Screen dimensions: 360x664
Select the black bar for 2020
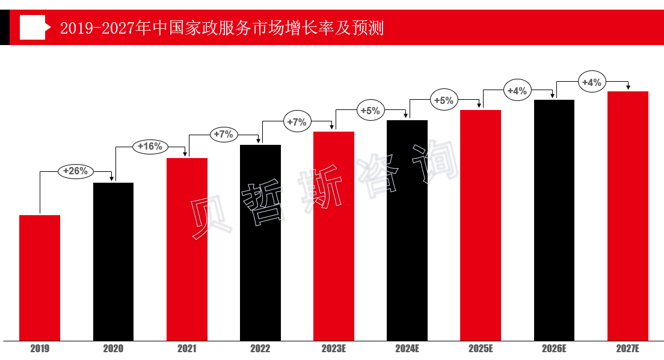113,261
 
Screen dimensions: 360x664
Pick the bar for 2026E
554,220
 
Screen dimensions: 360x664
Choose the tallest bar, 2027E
627,216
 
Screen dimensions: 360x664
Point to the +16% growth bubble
150,146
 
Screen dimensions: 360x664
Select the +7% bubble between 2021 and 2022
223,134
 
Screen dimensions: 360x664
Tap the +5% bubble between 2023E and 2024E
370,111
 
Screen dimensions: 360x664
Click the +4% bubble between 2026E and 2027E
592,82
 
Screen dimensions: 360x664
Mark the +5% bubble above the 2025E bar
444,100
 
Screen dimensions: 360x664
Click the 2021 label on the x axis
186,349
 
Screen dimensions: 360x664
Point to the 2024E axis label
407,349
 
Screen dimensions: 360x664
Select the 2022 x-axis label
260,349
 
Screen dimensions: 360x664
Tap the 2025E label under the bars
481,349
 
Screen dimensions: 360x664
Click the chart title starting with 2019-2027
221,28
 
